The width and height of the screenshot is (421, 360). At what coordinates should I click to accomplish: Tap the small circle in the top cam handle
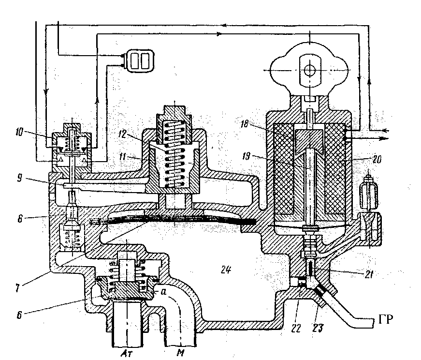pos(308,71)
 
